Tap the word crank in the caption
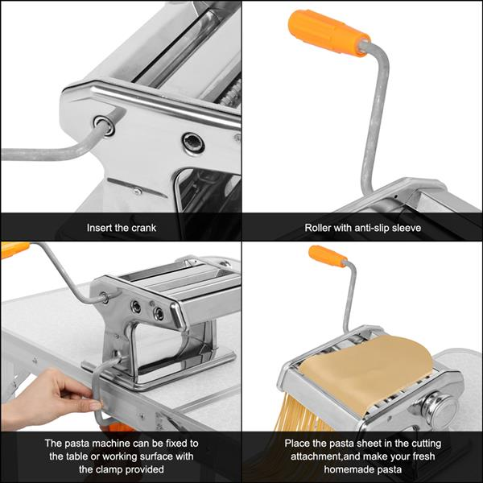tap(143, 228)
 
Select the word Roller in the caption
tap(320, 228)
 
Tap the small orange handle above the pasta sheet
tap(327, 257)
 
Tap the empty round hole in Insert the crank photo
tap(192, 142)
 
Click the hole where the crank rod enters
tap(102, 124)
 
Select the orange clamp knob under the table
tap(120, 427)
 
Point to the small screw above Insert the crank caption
tap(136, 191)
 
